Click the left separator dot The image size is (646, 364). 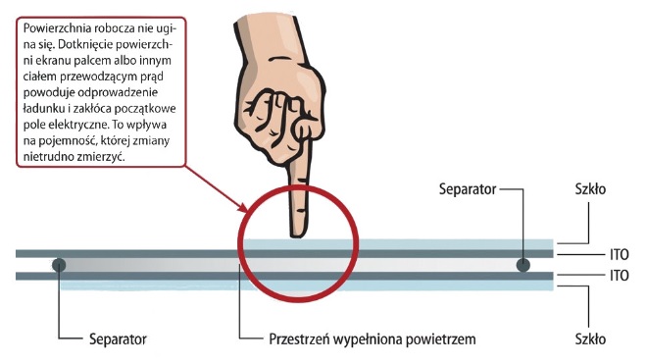tap(60, 264)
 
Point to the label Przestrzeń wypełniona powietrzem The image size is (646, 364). tap(372, 339)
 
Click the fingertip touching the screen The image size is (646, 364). tap(294, 230)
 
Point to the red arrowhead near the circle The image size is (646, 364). tap(244, 208)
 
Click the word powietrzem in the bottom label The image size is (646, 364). tap(436, 339)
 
